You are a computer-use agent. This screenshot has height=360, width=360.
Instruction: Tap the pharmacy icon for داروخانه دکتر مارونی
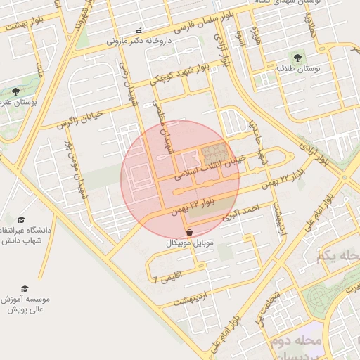(x=139, y=30)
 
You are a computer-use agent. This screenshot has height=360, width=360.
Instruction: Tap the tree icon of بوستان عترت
(x=15, y=91)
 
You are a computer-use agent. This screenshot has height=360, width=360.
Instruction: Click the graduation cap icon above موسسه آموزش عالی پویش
(x=25, y=288)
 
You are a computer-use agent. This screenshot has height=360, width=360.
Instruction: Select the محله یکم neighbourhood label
(x=338, y=255)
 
